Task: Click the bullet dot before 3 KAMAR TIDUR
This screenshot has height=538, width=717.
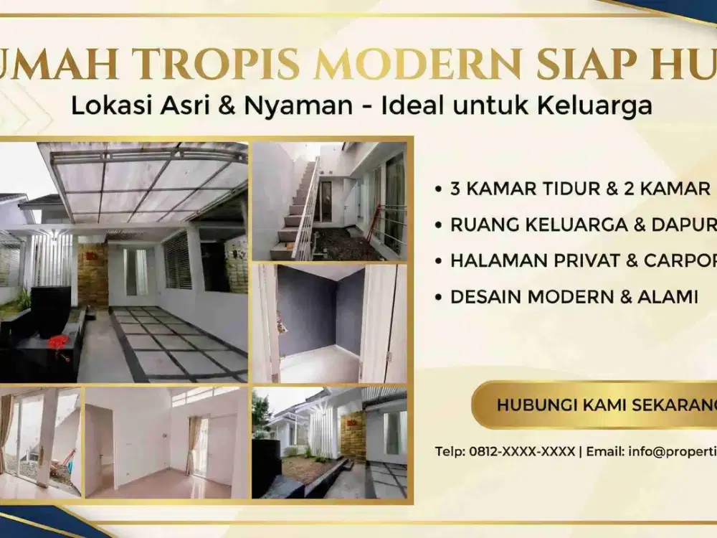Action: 438,190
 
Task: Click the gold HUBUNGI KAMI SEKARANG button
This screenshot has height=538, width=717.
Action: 595,405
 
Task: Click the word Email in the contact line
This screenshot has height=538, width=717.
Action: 605,451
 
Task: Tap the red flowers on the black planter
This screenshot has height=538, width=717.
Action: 57,343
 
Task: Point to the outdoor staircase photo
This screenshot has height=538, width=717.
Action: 329,201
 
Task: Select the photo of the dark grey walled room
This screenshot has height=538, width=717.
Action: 329,323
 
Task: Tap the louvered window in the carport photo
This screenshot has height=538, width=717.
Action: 178,260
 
